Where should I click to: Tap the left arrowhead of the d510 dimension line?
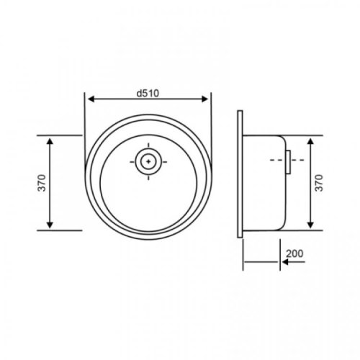point(89,100)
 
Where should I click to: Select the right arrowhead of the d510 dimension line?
point(209,100)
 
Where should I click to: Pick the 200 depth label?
point(294,253)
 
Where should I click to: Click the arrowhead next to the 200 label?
point(285,262)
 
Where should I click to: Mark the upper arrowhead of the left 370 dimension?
point(49,140)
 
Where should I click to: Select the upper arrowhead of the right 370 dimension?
point(310,140)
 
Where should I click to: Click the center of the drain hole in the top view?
point(148,162)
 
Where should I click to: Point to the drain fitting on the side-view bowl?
point(287,162)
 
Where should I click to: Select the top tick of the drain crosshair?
point(148,146)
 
